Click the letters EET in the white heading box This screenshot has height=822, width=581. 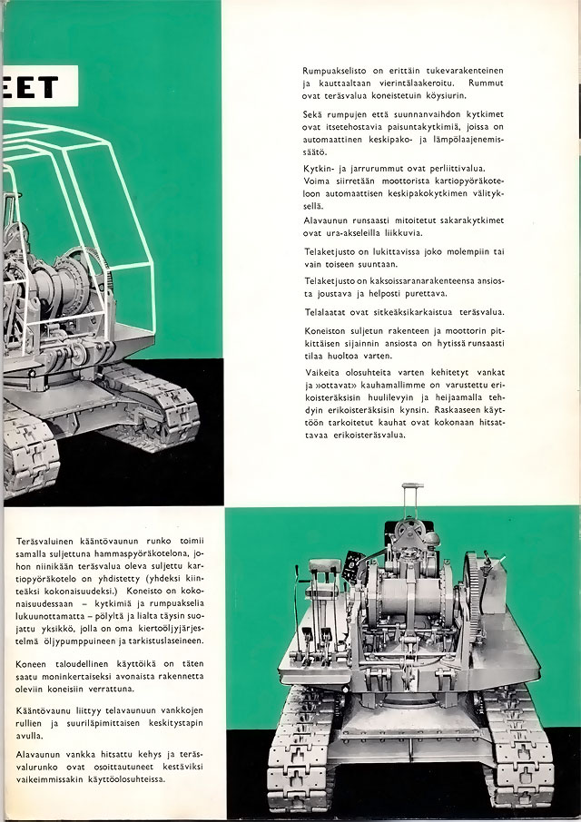(x=29, y=88)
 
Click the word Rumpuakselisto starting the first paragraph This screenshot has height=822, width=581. (x=340, y=70)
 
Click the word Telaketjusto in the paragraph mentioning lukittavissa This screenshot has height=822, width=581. (x=332, y=250)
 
